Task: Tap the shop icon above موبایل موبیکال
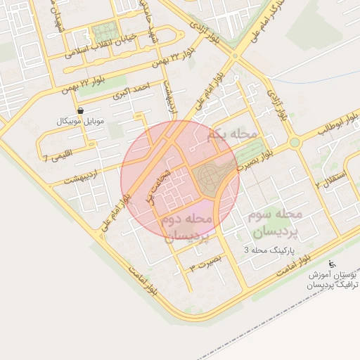click(x=80, y=111)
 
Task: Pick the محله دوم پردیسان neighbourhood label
click(x=187, y=229)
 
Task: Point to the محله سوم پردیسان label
click(x=276, y=221)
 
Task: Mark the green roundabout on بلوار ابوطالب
click(x=294, y=142)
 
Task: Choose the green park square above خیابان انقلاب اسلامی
click(x=104, y=32)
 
